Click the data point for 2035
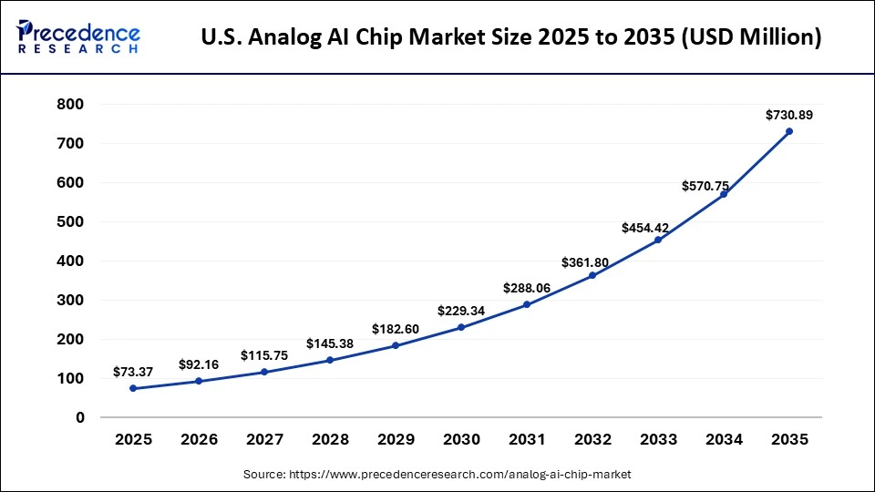(789, 131)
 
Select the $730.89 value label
(789, 115)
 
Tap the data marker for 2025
(133, 388)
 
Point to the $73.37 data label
(133, 372)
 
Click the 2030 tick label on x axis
(461, 439)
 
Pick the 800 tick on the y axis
(71, 105)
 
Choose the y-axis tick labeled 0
(80, 417)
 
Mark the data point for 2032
(592, 275)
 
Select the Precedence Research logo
(77, 37)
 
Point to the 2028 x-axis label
(330, 439)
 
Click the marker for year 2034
(724, 194)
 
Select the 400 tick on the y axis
(71, 261)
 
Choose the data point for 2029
(396, 345)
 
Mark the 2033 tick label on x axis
(658, 439)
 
